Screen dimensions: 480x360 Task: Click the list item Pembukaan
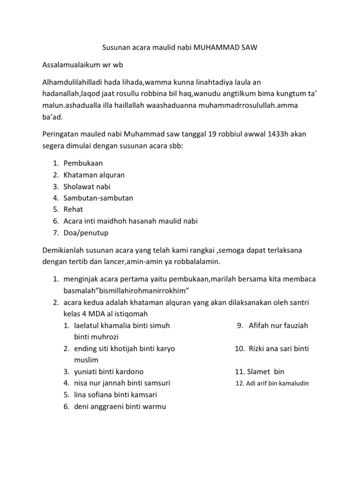[83, 163]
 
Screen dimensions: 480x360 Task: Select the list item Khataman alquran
[94, 175]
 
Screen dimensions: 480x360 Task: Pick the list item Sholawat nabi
[87, 187]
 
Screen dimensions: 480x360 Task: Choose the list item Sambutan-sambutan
[98, 198]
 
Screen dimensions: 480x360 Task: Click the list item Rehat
[74, 210]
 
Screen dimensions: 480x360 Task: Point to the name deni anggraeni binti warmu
[120, 406]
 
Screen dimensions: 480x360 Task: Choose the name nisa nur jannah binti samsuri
[122, 383]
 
